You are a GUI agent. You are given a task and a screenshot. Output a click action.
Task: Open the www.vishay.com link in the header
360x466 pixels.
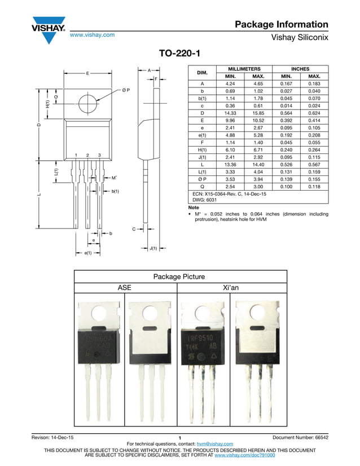click(92, 35)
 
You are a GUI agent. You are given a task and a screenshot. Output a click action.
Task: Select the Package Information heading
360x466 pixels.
click(281, 24)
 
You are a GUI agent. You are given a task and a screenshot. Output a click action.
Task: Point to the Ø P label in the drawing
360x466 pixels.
click(126, 90)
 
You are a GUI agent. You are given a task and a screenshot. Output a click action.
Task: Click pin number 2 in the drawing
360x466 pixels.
click(87, 155)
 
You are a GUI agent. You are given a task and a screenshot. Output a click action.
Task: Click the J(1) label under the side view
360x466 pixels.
click(153, 248)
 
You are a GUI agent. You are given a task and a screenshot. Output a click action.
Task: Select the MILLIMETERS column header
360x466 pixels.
click(244, 68)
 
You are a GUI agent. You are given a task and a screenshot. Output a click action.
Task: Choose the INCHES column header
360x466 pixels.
click(300, 68)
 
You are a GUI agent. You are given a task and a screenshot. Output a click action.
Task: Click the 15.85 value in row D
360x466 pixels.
click(258, 113)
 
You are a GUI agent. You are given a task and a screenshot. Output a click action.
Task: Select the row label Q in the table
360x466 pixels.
click(202, 186)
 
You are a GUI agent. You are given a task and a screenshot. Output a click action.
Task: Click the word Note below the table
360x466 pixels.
click(194, 208)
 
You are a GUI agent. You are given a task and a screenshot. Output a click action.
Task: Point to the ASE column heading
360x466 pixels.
click(124, 288)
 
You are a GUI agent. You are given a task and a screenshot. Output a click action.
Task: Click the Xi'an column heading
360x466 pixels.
click(231, 288)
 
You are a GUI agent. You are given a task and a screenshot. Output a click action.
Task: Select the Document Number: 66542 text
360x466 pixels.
click(300, 438)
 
